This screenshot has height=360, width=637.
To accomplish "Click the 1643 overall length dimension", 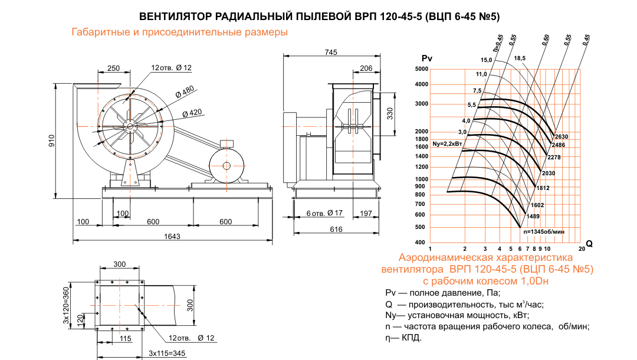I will [x=172, y=236].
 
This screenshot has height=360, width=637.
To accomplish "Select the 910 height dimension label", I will [x=51, y=140].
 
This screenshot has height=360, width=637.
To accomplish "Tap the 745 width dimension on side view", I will [x=330, y=53].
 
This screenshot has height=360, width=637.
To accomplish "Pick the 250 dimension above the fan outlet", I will [x=114, y=68].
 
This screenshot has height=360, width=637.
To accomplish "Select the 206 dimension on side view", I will [x=366, y=68].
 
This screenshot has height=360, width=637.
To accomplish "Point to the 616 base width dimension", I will [x=336, y=229].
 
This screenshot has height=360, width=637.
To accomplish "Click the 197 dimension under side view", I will [x=366, y=213].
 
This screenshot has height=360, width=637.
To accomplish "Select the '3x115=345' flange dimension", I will [x=167, y=353].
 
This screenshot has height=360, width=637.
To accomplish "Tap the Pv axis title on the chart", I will [x=427, y=58].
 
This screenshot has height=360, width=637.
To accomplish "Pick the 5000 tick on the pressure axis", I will [x=420, y=70].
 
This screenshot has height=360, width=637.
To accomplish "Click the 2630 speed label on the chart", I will [x=560, y=137].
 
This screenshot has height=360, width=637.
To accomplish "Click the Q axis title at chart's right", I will [x=589, y=243].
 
